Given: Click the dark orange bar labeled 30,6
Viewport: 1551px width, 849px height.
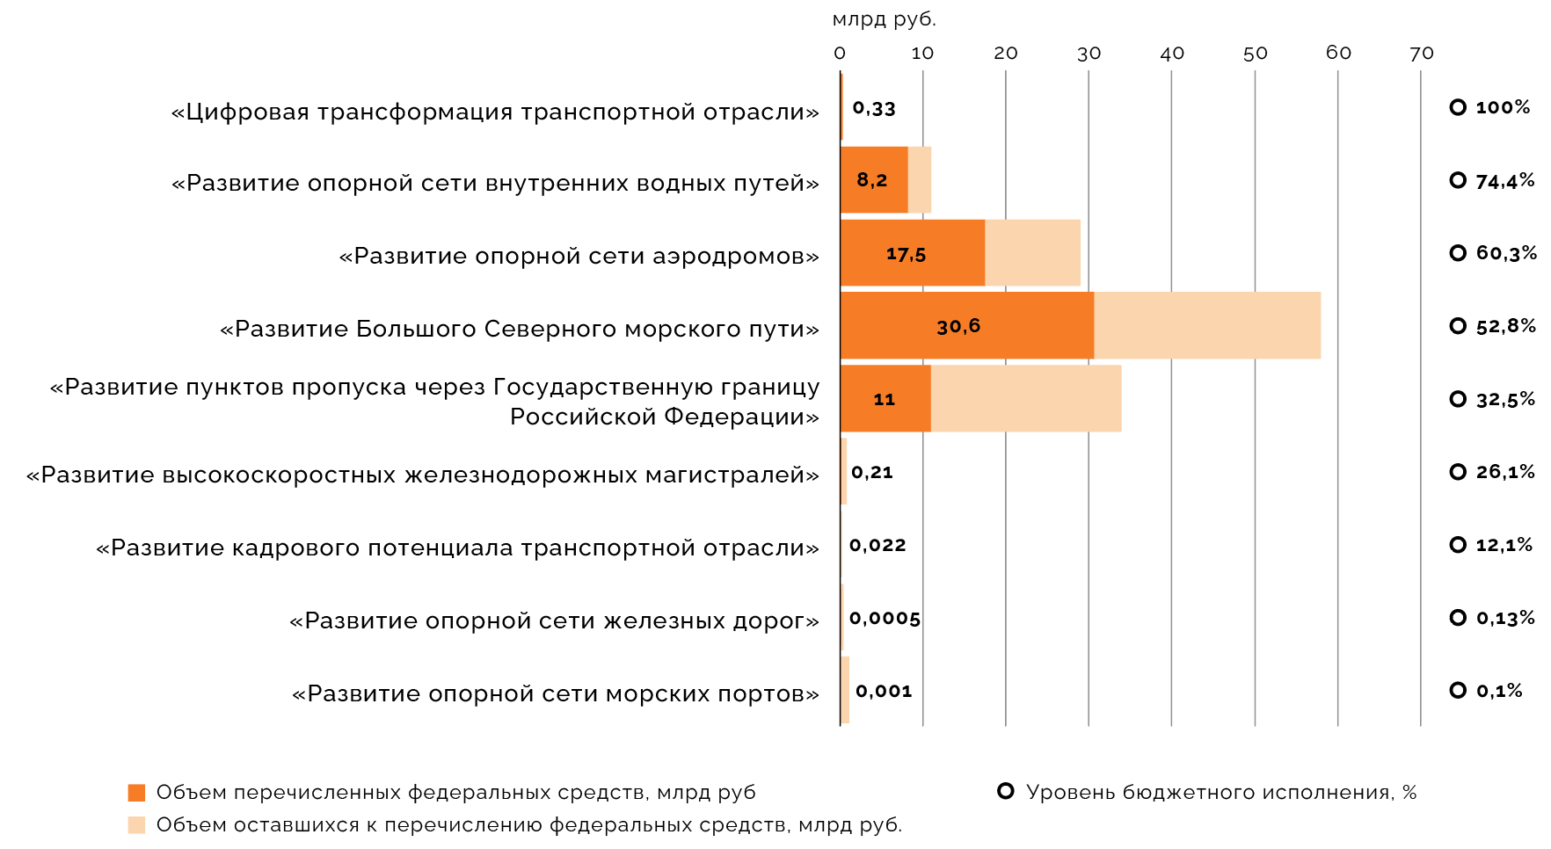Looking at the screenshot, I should point(967,325).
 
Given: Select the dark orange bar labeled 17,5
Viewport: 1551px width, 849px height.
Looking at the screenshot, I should point(912,253).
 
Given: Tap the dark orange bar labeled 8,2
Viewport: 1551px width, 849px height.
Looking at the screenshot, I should point(873,180).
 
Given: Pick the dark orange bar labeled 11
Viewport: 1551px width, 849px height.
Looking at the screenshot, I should point(885,399).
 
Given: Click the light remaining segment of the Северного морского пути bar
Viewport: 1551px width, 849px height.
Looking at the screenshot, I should point(1206,325).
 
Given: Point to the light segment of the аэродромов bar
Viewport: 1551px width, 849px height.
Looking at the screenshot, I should point(1032,253).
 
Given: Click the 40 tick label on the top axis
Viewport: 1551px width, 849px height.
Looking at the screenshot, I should point(1171,54).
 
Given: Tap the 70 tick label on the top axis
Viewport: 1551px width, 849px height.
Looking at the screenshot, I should point(1421,54).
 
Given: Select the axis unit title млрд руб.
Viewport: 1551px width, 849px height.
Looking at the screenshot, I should point(884,19).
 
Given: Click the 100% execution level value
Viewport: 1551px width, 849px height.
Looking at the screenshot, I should point(1503,107).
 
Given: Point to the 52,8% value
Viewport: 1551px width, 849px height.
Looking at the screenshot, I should point(1505,326).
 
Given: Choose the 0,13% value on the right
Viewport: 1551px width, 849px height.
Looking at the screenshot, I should point(1505,618).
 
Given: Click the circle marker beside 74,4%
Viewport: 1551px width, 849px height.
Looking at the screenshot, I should point(1458,180).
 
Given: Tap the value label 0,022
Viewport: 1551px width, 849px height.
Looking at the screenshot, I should point(877,545).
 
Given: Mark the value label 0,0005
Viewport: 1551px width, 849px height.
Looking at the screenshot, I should point(885,618).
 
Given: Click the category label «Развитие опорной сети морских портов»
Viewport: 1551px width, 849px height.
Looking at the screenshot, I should point(556,693).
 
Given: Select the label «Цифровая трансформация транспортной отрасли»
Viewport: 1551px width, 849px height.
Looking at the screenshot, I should point(495,112).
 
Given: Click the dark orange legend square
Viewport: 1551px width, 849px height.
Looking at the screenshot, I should point(136,793).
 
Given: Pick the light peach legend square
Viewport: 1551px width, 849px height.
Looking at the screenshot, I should point(136,825).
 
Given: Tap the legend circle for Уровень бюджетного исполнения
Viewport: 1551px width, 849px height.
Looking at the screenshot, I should point(1006,791).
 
